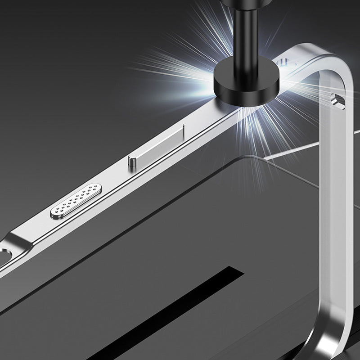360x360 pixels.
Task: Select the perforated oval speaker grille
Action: (x=75, y=201)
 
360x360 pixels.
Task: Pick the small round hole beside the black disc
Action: (x=279, y=62)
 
